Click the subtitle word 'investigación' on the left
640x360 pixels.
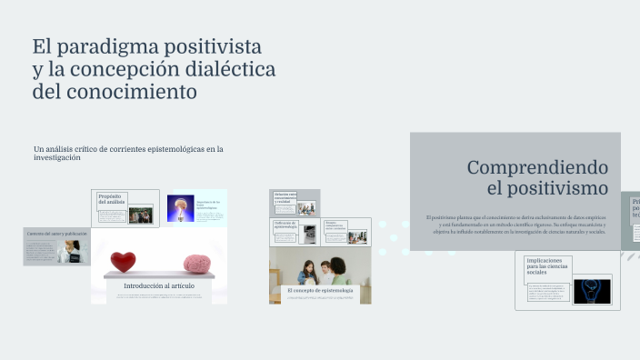[x=57, y=157]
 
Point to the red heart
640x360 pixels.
[x=123, y=263]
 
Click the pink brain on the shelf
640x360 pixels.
[x=197, y=264]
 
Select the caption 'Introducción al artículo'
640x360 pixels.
[x=159, y=285]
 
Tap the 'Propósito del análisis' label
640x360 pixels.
[x=111, y=199]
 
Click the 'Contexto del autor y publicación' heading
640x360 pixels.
[x=56, y=234]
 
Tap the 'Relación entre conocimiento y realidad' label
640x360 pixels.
[x=285, y=197]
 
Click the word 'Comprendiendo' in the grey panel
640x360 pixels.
[x=536, y=167]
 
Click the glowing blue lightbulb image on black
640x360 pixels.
[x=591, y=291]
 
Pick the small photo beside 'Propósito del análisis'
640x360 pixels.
[x=140, y=215]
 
